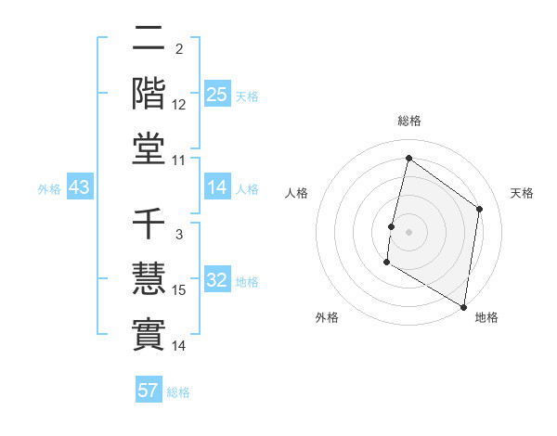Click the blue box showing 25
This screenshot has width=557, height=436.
click(x=216, y=95)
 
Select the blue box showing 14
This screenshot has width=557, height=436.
click(x=216, y=188)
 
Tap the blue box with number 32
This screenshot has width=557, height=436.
click(x=216, y=281)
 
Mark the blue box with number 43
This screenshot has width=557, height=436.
click(x=79, y=188)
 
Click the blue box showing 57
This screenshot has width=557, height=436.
click(x=149, y=391)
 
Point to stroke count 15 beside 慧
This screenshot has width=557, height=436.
click(x=179, y=290)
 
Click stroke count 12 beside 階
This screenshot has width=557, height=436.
click(x=179, y=104)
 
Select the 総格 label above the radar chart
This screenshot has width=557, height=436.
click(x=408, y=122)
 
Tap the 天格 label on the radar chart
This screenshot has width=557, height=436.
click(x=522, y=193)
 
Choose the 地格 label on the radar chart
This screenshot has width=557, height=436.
click(x=486, y=317)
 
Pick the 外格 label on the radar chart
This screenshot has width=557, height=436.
click(x=327, y=317)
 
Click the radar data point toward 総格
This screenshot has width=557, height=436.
click(x=408, y=158)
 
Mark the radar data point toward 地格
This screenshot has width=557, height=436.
click(x=463, y=306)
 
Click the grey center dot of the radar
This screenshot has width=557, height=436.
click(x=408, y=232)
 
